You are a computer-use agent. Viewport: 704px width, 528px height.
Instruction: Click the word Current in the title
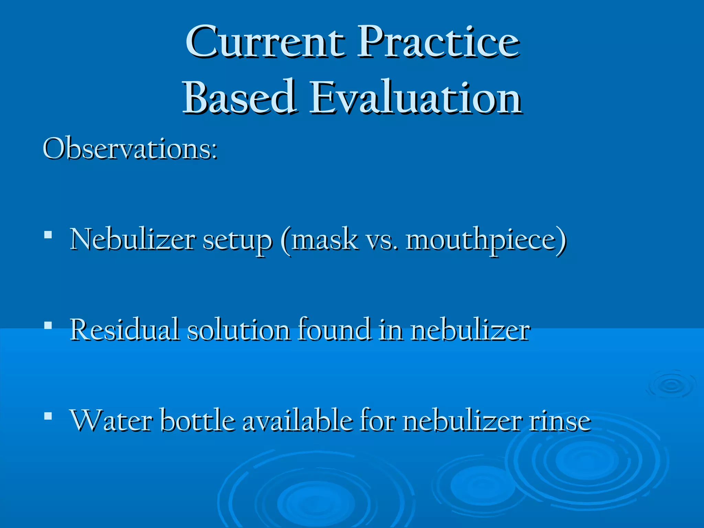[x=265, y=43]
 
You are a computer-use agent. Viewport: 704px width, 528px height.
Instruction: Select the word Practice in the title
[x=438, y=43]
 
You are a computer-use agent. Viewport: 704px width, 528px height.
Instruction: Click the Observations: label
[x=130, y=150]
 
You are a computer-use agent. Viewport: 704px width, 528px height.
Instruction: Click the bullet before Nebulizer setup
[x=48, y=235]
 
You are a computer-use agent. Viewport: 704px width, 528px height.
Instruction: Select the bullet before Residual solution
[x=48, y=325]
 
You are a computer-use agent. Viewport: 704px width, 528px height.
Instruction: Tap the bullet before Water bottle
[x=48, y=416]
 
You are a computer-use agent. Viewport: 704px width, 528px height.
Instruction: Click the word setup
[x=237, y=241]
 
